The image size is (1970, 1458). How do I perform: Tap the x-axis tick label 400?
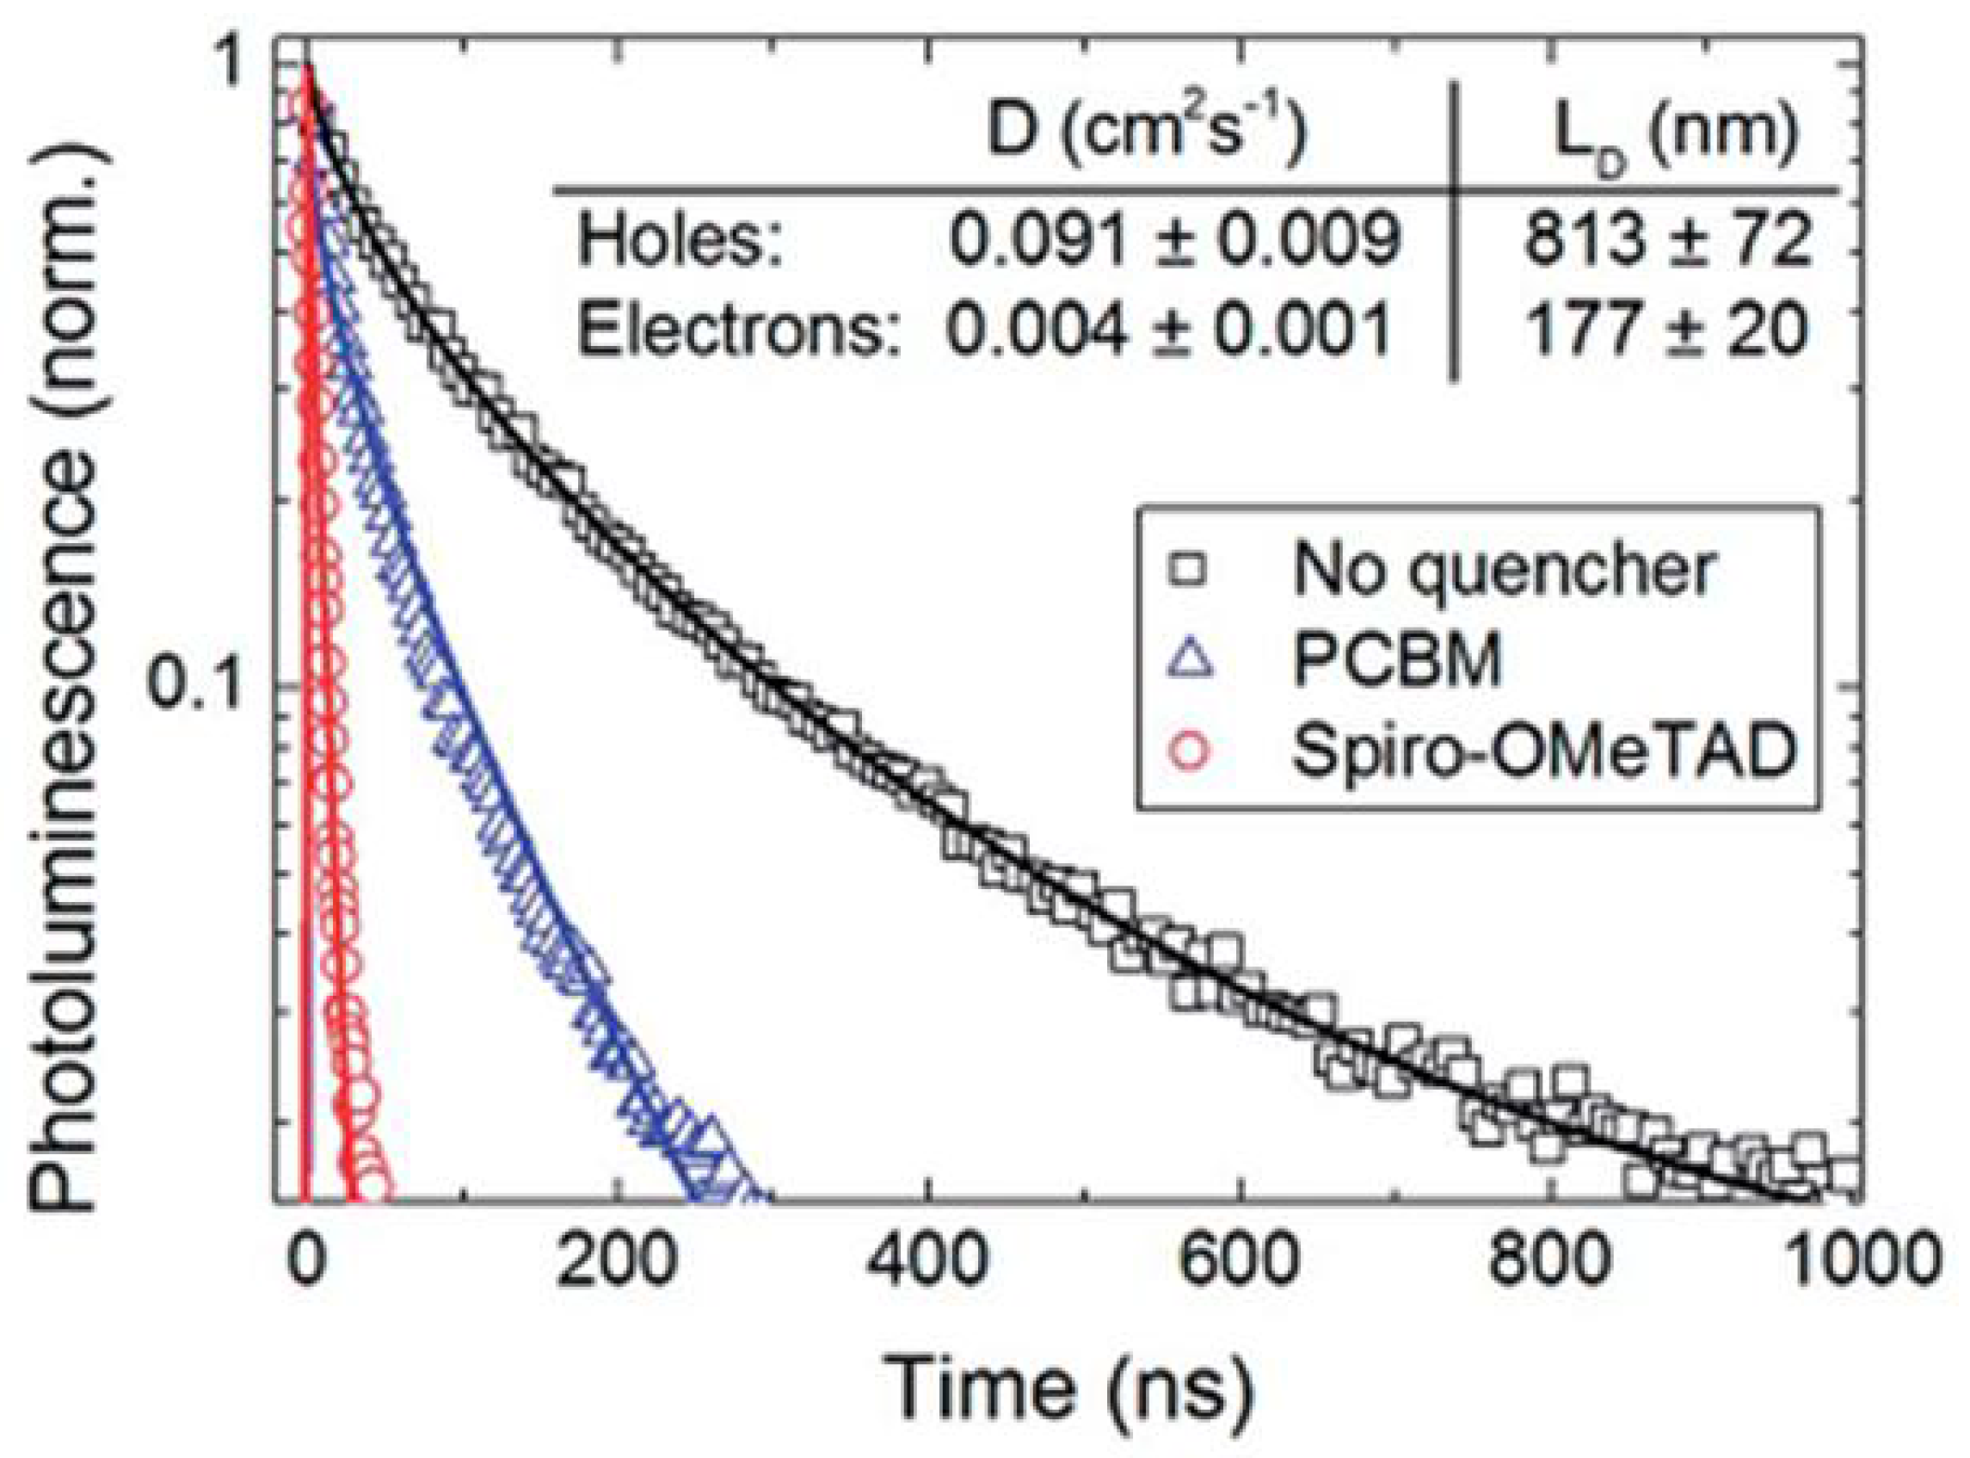pos(926,1259)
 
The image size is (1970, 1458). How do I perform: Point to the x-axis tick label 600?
pos(1239,1259)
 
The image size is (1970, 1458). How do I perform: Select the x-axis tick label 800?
pos(1550,1259)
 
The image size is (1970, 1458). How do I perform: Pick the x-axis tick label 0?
pos(306,1259)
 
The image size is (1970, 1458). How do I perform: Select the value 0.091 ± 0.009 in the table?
pos(1173,240)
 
